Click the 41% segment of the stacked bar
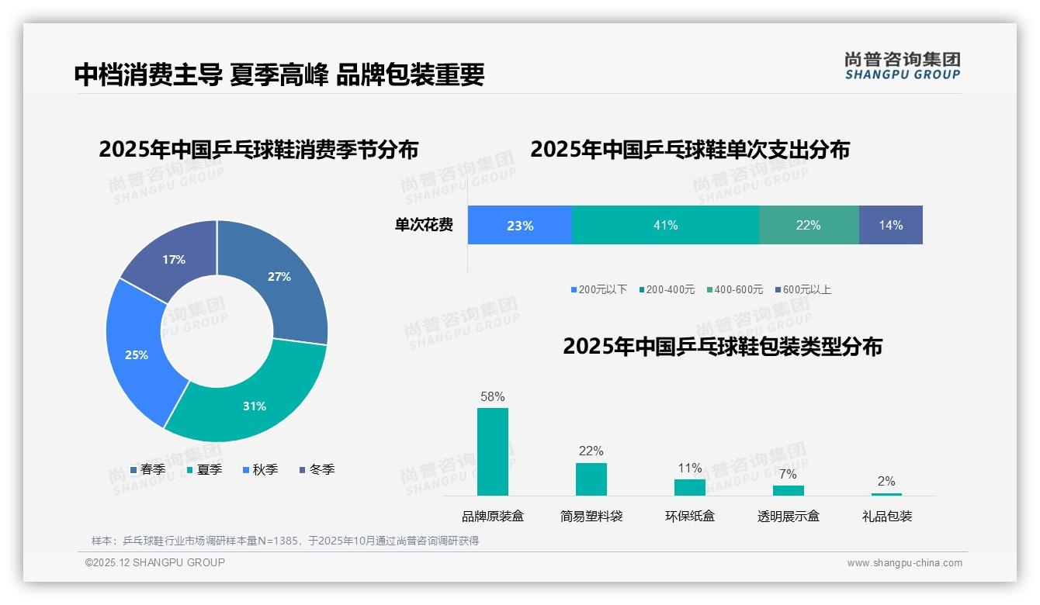[x=665, y=225]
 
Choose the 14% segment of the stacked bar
[x=890, y=225]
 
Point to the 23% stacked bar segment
[x=519, y=225]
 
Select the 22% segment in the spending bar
[x=808, y=225]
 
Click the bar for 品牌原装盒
[x=493, y=451]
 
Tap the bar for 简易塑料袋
[x=591, y=479]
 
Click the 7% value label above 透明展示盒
[x=788, y=474]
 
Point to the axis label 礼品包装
[x=887, y=517]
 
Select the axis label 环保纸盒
[x=690, y=517]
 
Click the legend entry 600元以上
[x=803, y=290]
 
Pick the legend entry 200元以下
[x=598, y=290]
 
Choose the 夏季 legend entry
[x=205, y=469]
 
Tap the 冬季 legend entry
[x=317, y=469]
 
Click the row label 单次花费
[x=424, y=226]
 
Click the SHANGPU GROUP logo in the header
[x=903, y=66]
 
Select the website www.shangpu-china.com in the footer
[x=904, y=563]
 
